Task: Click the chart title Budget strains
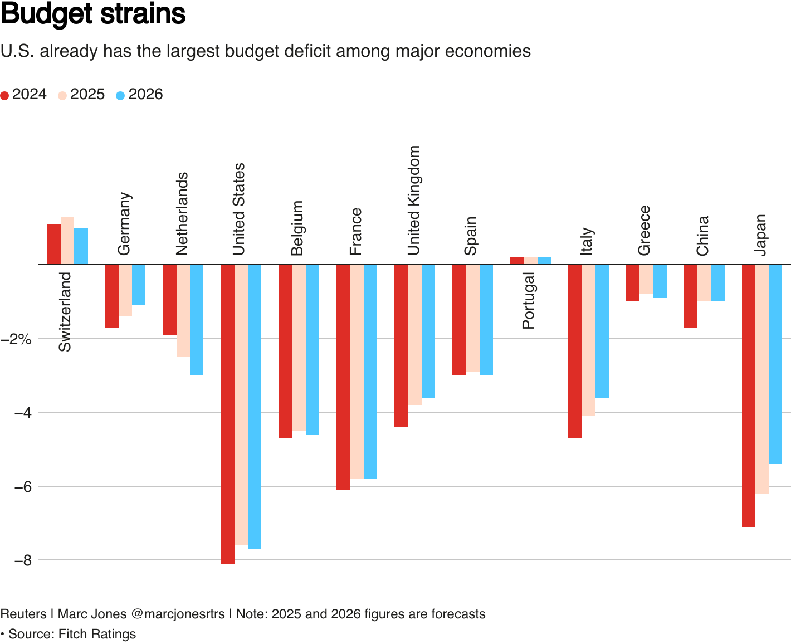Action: [x=93, y=14]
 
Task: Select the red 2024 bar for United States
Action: [x=228, y=413]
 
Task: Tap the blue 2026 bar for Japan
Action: [x=775, y=364]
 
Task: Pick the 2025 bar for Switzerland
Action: [x=67, y=240]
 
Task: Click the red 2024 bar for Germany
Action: [x=112, y=296]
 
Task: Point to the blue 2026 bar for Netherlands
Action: [x=197, y=320]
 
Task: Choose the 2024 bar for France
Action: [x=343, y=377]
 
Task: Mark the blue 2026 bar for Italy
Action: [x=602, y=331]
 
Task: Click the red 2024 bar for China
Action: [x=691, y=296]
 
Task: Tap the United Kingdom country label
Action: [x=413, y=201]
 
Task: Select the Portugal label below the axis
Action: [x=528, y=300]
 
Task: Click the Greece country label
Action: [x=644, y=230]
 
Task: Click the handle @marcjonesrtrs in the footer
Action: [x=178, y=614]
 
